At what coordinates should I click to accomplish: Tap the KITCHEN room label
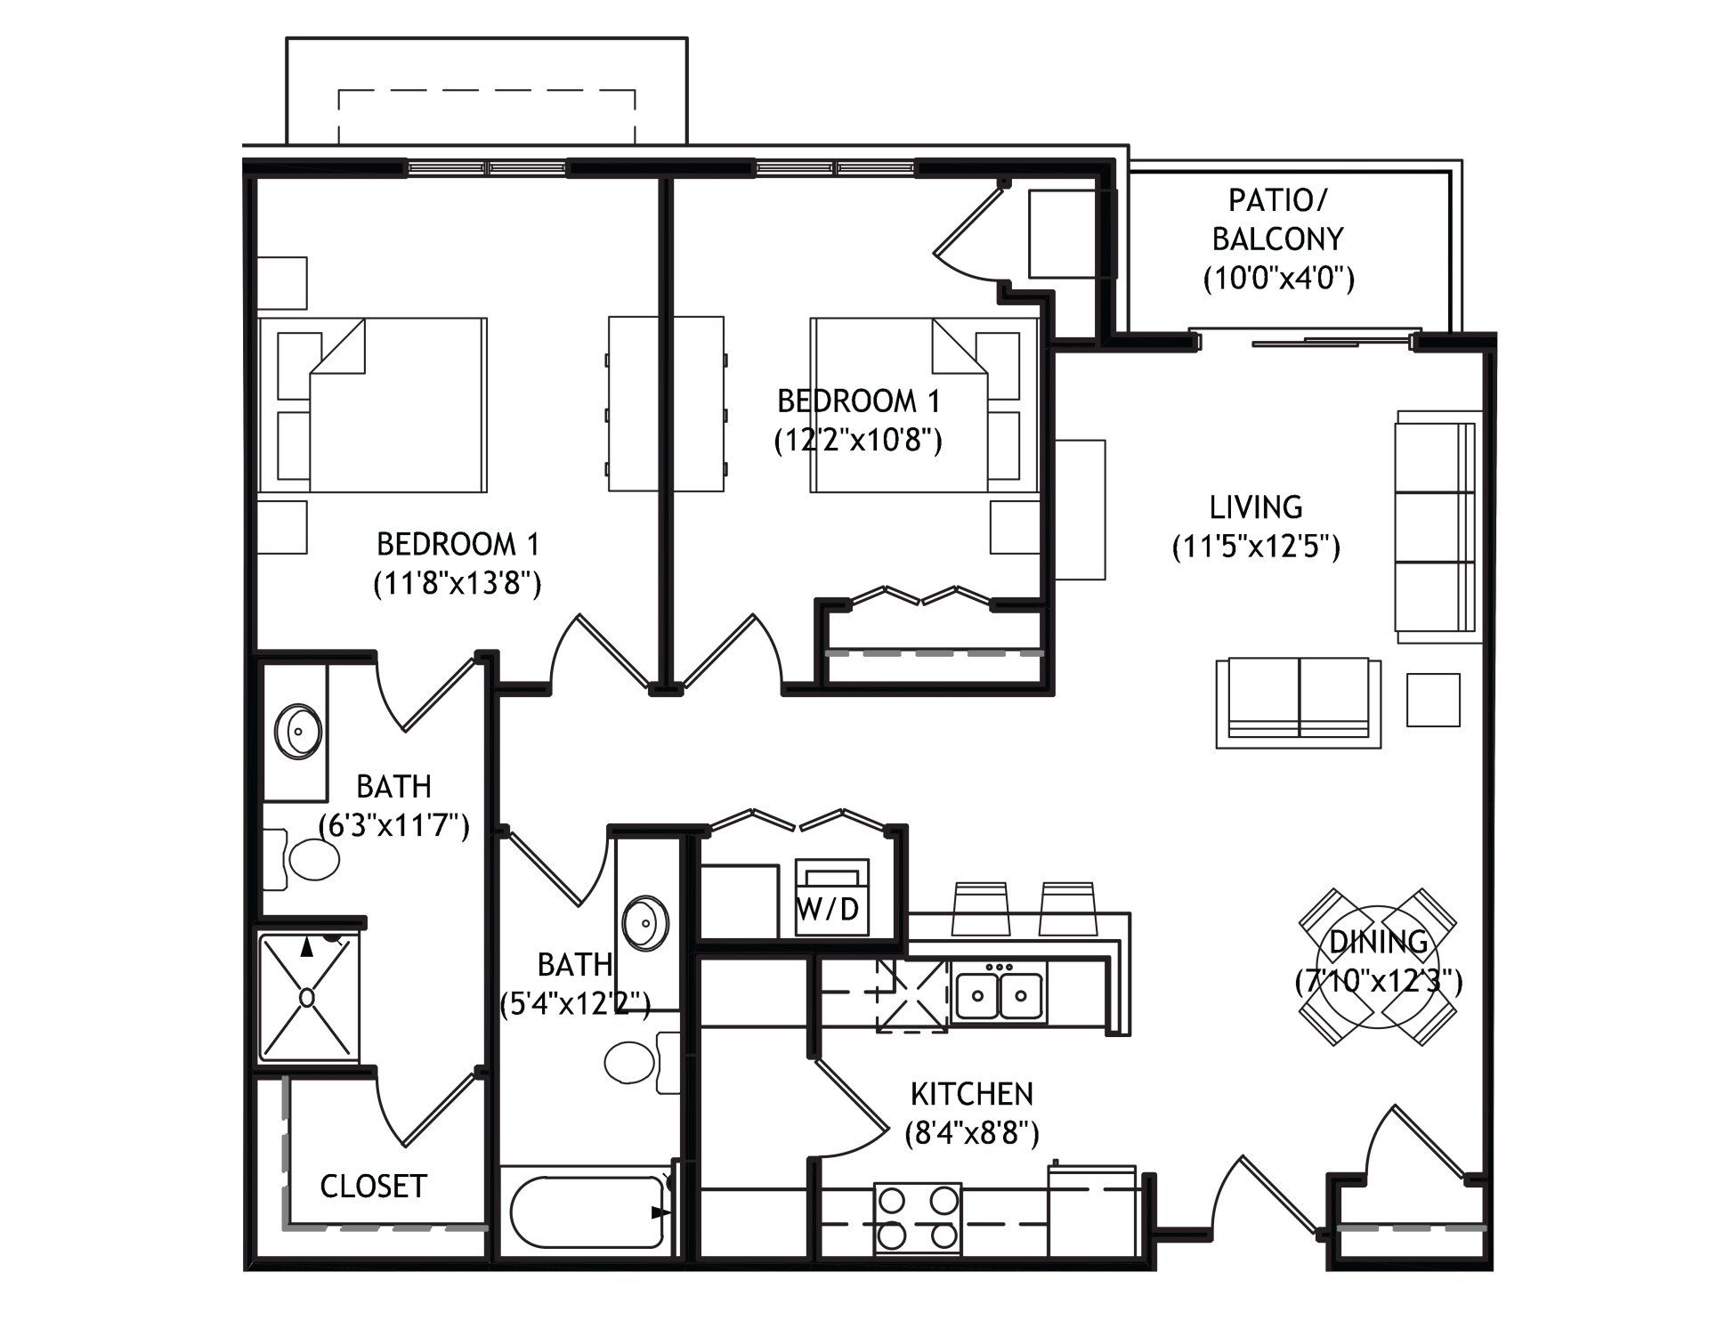pos(971,1093)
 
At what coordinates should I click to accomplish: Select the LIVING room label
pos(1256,507)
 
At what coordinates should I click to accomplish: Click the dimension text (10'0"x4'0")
pos(1279,279)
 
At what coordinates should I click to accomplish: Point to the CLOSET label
pos(373,1186)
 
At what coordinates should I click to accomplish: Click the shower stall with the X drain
pos(308,997)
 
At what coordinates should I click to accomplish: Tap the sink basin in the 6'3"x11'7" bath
pos(298,732)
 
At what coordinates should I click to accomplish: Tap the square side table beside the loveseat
pos(1433,700)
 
